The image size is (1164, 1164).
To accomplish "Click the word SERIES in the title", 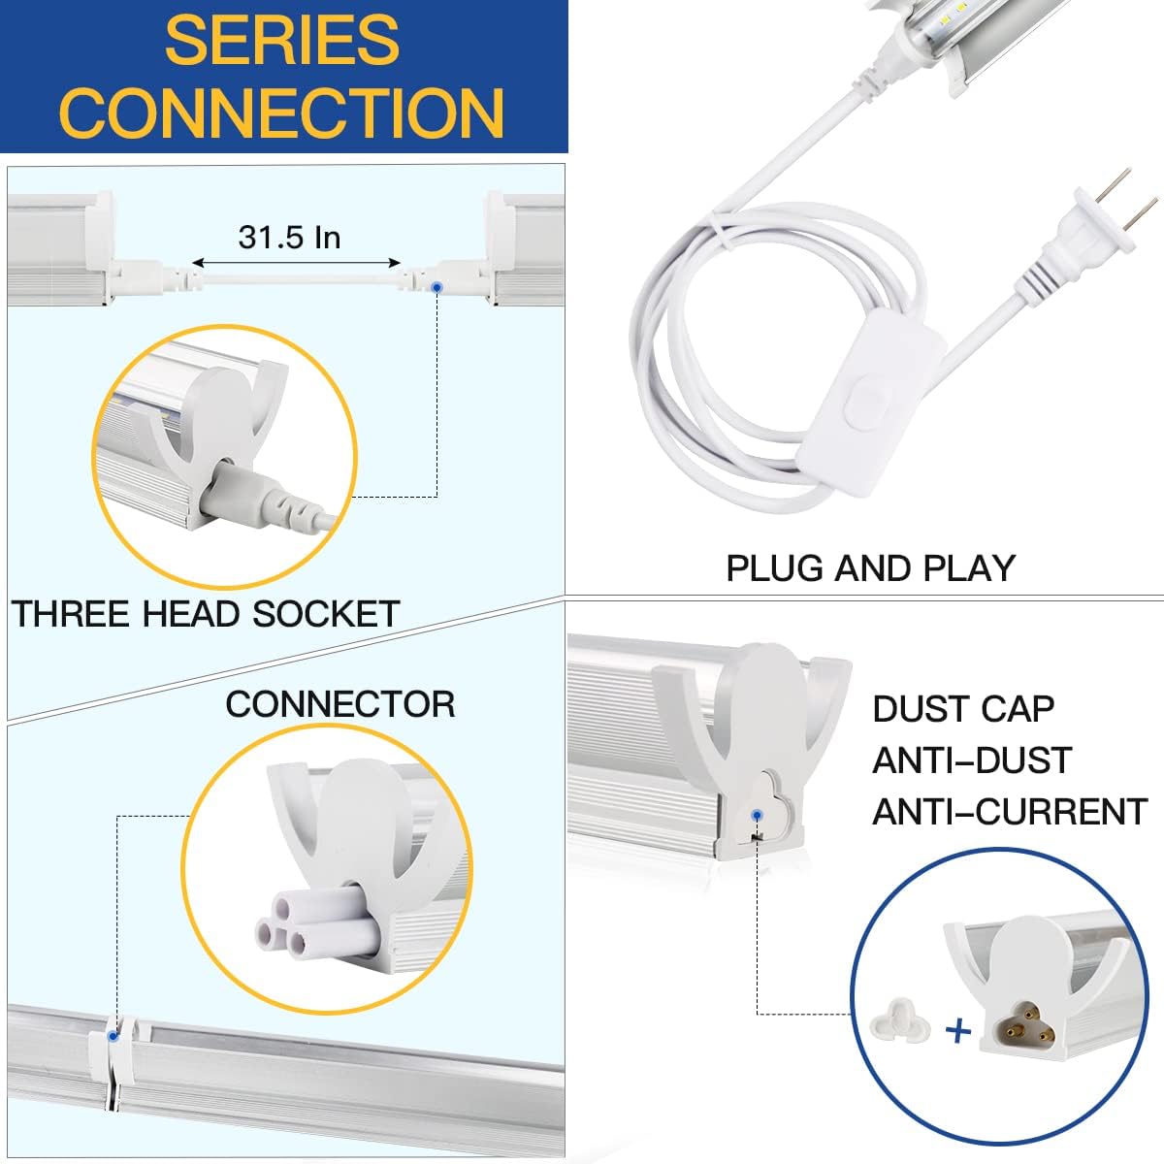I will pos(281,41).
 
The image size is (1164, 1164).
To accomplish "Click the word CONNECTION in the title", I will pos(283,113).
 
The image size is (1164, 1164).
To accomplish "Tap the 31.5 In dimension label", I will pos(289,237).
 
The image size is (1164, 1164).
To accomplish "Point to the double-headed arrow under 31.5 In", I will pos(296,263).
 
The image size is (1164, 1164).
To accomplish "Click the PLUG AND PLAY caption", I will pos(870,567).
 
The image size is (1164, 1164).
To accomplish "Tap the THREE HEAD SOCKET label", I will pos(206,614).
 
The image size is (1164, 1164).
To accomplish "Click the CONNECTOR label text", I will pos(339,704).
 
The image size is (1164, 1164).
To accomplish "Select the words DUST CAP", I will pos(962,709).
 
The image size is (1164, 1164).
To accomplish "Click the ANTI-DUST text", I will pos(971,760).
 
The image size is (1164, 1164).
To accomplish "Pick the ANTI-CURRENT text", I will pos(1010,811).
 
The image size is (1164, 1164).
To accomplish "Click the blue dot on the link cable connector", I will pos(436,288).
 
